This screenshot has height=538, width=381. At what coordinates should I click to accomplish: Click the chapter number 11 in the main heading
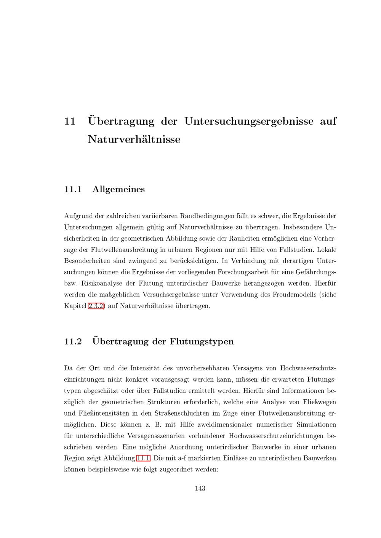70,121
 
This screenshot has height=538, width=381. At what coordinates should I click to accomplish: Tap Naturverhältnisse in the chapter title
134,139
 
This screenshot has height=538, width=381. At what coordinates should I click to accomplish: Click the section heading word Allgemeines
118,189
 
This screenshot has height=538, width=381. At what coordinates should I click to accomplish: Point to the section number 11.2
73,341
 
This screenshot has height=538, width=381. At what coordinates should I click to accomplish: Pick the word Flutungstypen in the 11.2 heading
202,341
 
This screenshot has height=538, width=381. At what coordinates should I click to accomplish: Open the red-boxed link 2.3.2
96,306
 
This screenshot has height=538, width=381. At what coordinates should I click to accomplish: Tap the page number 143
200,489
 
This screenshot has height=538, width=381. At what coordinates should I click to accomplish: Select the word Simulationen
316,424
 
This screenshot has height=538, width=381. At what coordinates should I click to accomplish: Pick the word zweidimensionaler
227,424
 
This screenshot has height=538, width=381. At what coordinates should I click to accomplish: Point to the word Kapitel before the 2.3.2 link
75,306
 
